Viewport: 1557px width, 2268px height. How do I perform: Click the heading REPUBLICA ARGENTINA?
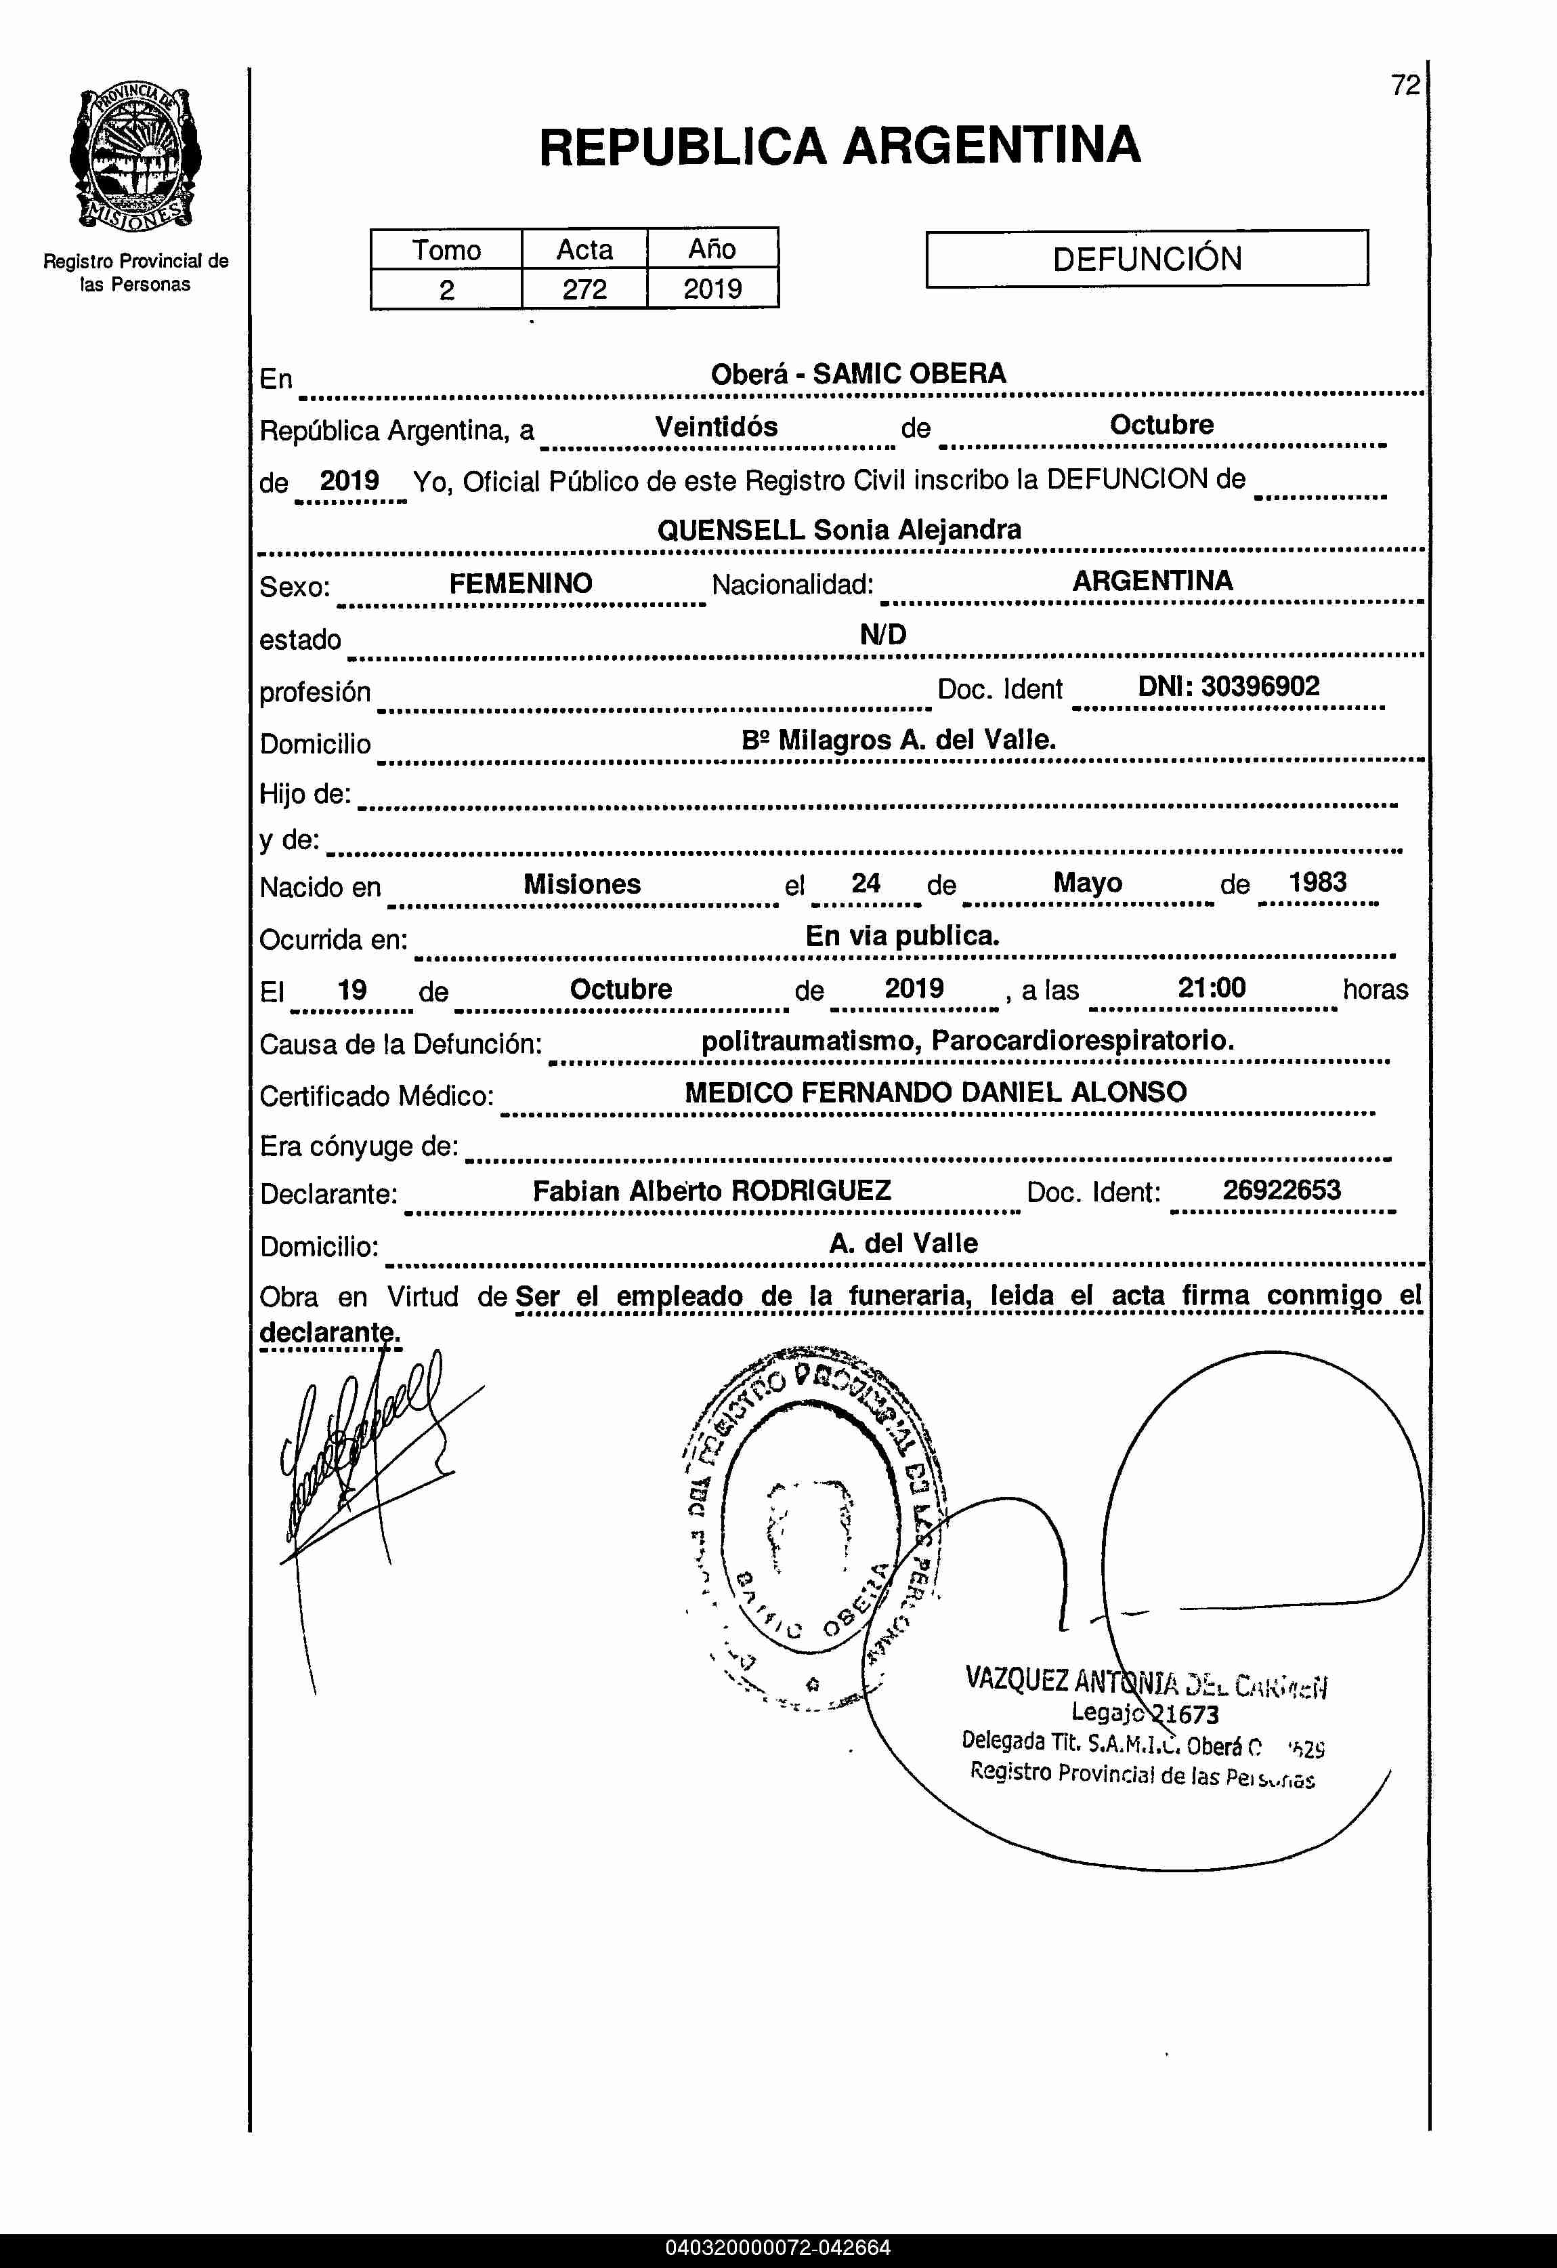coord(839,146)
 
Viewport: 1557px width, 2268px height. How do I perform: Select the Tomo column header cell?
coord(446,250)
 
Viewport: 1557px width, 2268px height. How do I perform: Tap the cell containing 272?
coord(584,290)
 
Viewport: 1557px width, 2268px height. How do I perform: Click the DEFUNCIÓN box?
coord(1147,259)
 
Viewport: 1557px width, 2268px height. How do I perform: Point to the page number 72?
coord(1405,86)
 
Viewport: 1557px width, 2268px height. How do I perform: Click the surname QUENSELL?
coord(731,530)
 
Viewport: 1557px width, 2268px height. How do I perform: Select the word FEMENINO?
coord(520,583)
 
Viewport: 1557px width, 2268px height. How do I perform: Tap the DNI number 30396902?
coord(1260,686)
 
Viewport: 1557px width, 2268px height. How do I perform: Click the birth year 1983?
coord(1317,882)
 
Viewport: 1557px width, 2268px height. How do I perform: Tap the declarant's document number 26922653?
coord(1281,1190)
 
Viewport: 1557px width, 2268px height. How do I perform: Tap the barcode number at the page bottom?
coord(777,2248)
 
